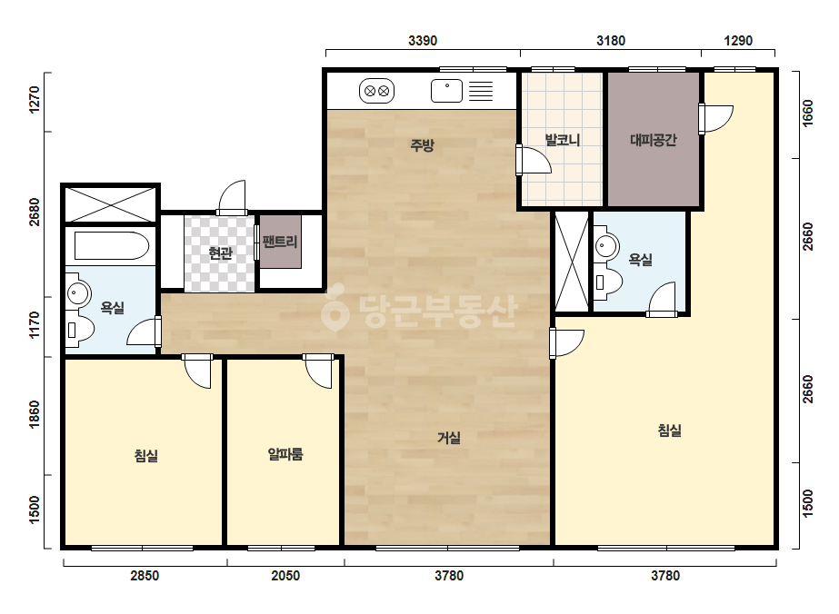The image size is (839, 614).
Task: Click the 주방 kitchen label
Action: tap(422, 145)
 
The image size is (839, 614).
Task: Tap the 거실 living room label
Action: tap(449, 438)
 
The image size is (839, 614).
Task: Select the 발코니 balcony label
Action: tap(563, 140)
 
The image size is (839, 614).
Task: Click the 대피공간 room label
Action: tap(654, 140)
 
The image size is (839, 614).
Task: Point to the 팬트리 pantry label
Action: tap(280, 242)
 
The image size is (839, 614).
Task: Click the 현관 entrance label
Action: tap(220, 253)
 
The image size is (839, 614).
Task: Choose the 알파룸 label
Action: tap(285, 454)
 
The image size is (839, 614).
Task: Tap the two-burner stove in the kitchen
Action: tap(376, 91)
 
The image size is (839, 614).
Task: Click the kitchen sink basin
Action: tap(446, 91)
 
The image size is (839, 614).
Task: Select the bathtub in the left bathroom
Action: tap(111, 245)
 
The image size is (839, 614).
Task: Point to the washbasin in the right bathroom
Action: tap(606, 246)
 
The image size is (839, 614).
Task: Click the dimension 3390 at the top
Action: tap(423, 41)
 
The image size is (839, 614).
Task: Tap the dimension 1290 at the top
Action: tap(738, 41)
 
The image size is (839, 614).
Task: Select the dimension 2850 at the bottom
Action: tap(145, 576)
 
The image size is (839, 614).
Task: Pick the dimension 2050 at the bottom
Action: tap(285, 576)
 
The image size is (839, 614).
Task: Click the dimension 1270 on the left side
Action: tap(35, 100)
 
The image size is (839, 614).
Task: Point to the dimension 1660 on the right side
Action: tap(807, 114)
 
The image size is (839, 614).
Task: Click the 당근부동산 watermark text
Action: tap(420, 312)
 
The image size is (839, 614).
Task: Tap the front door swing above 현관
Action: tap(232, 197)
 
